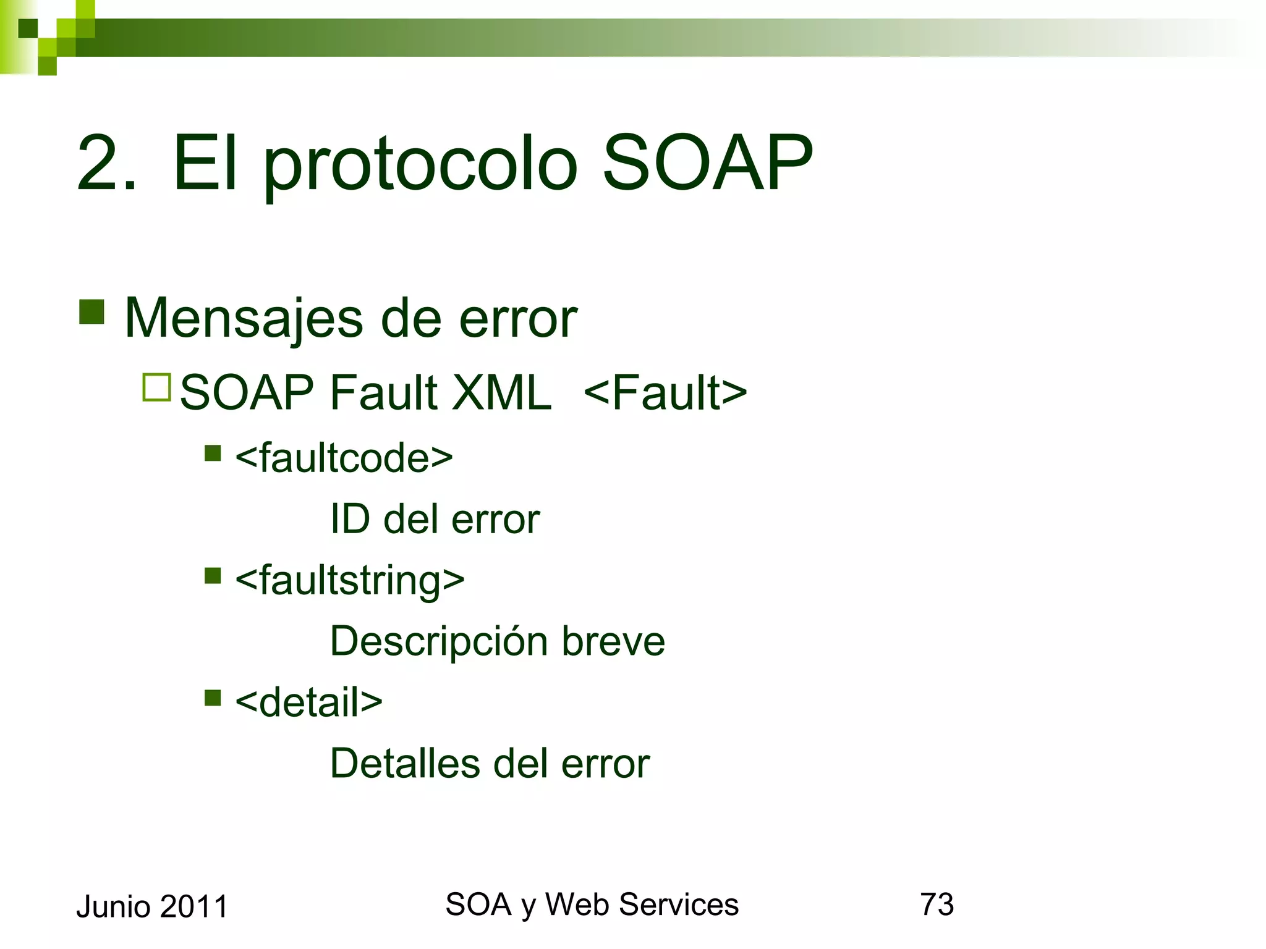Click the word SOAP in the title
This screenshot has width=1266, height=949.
point(707,164)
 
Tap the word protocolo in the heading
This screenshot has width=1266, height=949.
point(420,167)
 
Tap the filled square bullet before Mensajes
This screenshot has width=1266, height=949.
point(91,312)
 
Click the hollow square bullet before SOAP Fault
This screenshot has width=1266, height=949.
point(156,387)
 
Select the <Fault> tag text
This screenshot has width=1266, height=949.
point(665,393)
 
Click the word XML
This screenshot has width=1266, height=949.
point(501,393)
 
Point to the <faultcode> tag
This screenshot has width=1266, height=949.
point(344,458)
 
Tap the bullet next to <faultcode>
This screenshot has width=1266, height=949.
point(213,453)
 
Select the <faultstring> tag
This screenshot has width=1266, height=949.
point(350,581)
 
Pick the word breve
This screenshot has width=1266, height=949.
point(613,641)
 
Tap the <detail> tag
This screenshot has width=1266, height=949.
point(308,702)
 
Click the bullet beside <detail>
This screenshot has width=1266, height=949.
point(213,698)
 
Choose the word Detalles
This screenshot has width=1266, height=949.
point(405,763)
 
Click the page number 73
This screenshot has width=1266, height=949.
point(937,905)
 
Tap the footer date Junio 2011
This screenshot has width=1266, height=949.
point(152,907)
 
